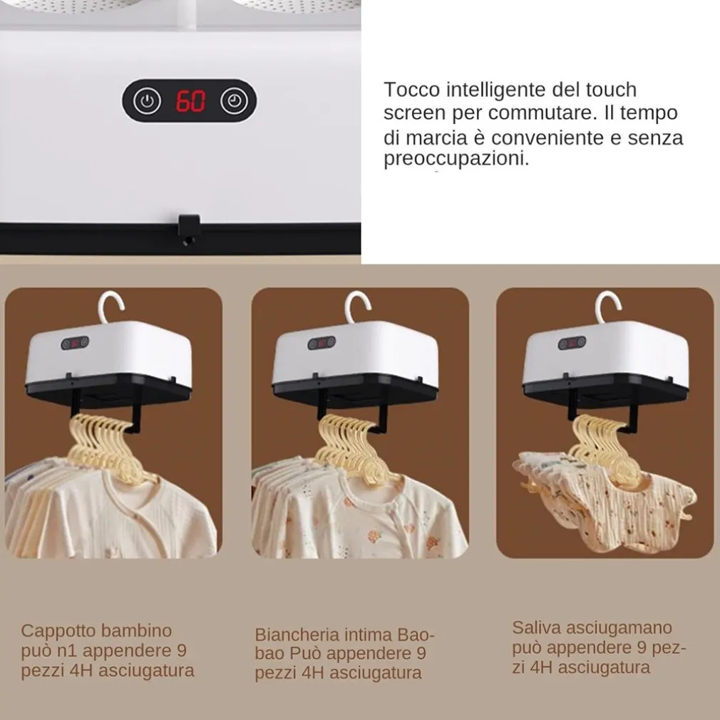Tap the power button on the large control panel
[x=147, y=101]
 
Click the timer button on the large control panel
[x=235, y=101]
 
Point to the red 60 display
[x=190, y=101]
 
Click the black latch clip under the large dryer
[x=189, y=229]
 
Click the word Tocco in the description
[x=412, y=90]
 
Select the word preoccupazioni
[x=456, y=159]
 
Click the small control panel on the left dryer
[x=75, y=343]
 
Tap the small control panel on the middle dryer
[x=322, y=343]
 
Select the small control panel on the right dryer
[x=572, y=343]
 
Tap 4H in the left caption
[x=81, y=671]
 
